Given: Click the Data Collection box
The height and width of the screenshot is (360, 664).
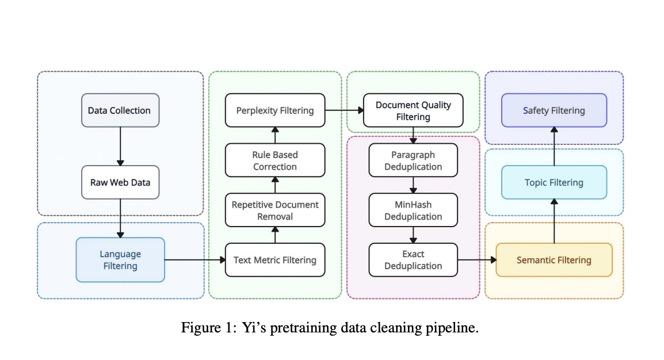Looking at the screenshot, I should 120,110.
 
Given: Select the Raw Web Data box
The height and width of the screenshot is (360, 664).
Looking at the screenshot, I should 120,182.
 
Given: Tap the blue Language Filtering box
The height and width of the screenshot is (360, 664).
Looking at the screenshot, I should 120,260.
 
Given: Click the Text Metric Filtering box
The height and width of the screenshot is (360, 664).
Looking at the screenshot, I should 274,260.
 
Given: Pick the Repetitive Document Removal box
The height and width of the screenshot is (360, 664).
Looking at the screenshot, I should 274,210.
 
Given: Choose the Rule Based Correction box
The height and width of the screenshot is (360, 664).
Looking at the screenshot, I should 274,160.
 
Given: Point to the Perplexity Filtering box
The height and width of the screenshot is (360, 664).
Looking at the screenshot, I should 274,110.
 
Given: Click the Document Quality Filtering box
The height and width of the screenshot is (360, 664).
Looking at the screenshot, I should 413,110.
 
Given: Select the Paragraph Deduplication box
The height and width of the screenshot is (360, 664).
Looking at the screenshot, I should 413,160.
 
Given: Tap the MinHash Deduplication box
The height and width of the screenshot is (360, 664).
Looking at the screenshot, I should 413,210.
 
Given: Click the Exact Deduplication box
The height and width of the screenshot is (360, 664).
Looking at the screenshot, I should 413,260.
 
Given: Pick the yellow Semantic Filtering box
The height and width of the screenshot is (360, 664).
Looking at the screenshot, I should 554,260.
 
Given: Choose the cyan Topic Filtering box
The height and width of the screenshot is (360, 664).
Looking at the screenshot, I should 554,182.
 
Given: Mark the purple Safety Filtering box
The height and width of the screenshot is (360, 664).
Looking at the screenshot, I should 554,110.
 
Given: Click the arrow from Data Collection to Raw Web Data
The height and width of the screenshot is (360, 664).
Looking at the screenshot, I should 120,146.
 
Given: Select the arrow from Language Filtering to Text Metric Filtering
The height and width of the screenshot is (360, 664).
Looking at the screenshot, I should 194,260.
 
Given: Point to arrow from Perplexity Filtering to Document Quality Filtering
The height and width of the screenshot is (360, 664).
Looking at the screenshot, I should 344,110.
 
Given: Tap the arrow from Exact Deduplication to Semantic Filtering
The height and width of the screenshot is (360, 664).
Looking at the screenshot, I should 476,260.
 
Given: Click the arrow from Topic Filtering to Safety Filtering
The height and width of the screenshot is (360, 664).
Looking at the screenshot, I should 554,146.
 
